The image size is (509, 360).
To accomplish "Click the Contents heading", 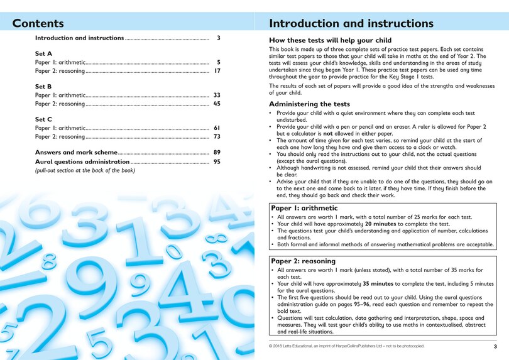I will (38, 24).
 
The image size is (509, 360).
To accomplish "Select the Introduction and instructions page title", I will (351, 24).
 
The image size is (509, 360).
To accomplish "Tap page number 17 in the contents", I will (217, 72).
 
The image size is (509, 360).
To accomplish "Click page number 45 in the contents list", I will (217, 104).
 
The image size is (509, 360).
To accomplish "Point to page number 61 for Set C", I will (217, 128).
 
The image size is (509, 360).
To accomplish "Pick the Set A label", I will (43, 54).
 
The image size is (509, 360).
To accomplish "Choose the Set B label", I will (43, 87).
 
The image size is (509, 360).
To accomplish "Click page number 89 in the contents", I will (217, 153).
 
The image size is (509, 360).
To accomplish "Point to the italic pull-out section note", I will (85, 170).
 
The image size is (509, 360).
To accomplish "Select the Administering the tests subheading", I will (309, 104).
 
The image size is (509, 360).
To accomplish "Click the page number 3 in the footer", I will (495, 346).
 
